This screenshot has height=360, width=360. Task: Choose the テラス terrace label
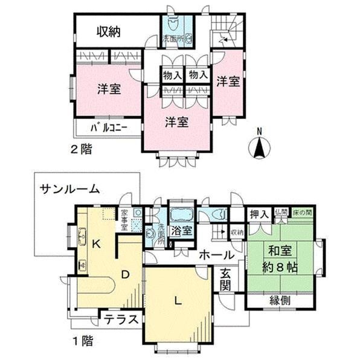coord(121,320)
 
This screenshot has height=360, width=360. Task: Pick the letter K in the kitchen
coord(95,245)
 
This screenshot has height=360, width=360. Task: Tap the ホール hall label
coord(213,254)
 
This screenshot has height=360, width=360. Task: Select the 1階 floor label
coord(84,341)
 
